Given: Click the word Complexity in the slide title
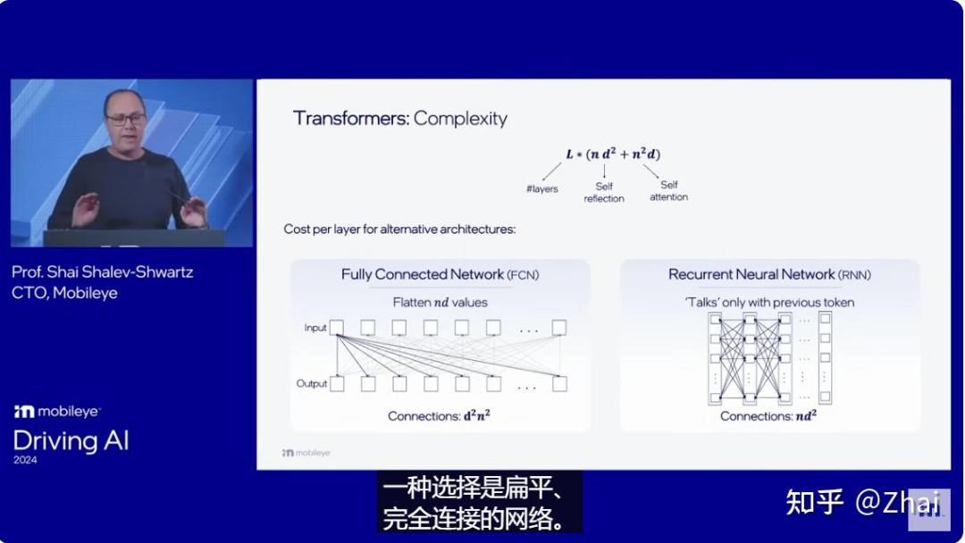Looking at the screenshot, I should (460, 119).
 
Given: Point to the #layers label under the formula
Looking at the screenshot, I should (542, 189).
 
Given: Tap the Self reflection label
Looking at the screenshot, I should (604, 192).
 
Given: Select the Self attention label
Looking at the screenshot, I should (668, 190).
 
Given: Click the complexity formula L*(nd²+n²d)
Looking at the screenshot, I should (613, 154).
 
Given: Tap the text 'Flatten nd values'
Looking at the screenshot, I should (440, 303).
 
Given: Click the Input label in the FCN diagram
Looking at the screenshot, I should (315, 328).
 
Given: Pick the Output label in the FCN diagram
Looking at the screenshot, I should (312, 384).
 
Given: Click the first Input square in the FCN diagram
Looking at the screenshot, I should (337, 328).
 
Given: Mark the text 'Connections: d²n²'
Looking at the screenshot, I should (438, 416).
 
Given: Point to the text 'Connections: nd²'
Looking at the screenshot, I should (768, 416).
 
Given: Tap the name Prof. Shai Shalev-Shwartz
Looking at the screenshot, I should (104, 271).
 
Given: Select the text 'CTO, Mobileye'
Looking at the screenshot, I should (64, 293).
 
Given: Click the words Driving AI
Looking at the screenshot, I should (71, 440).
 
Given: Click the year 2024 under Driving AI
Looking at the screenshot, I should (25, 461).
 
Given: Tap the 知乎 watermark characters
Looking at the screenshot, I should (814, 502).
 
